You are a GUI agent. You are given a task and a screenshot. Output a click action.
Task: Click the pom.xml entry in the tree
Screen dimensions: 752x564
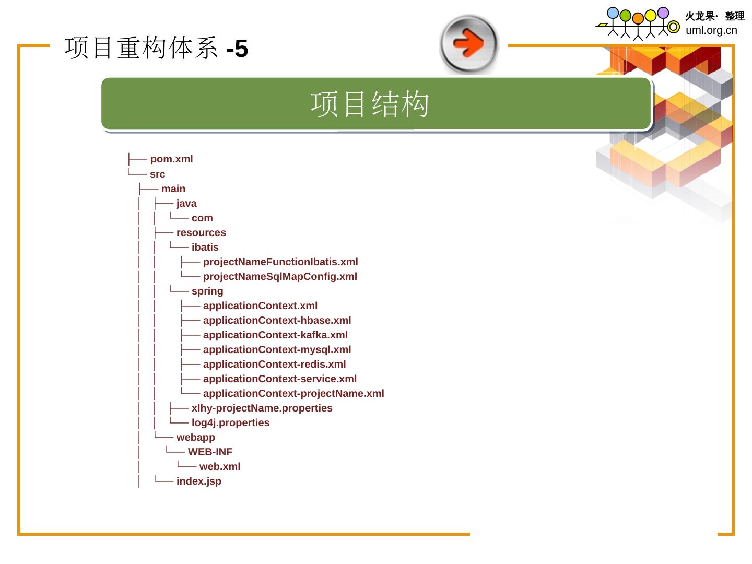tap(171, 159)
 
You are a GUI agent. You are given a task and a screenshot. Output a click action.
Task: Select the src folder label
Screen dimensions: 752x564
tap(157, 174)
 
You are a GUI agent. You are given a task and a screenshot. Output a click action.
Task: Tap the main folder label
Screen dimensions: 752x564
tap(173, 189)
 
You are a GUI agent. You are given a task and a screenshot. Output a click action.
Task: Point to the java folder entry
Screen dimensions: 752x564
tap(186, 204)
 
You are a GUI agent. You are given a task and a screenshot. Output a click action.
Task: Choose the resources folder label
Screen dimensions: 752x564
tap(201, 233)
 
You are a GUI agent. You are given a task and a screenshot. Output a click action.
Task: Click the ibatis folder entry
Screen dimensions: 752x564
tap(205, 248)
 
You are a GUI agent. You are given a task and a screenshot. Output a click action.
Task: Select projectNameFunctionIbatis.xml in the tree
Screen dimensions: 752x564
tap(280, 262)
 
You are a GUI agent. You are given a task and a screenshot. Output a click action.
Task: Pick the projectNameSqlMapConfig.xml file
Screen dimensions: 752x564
tap(280, 277)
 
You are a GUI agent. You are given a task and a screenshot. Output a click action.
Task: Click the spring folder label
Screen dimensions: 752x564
tap(207, 291)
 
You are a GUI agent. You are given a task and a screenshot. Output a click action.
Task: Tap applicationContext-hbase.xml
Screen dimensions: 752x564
tap(277, 321)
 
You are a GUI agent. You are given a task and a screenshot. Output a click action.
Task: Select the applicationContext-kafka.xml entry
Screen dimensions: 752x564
tap(275, 335)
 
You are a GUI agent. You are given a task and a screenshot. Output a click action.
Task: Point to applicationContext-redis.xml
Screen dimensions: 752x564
tap(274, 365)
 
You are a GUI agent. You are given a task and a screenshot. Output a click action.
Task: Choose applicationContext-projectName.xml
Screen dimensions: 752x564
tap(293, 394)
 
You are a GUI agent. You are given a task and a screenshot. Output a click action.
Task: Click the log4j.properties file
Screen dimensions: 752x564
tap(230, 423)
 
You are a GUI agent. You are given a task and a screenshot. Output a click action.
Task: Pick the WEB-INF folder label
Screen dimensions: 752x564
tap(210, 452)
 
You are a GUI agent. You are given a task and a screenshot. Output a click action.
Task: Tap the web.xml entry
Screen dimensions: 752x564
tap(220, 467)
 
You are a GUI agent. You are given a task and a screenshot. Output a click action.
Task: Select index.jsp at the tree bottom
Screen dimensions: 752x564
tap(198, 481)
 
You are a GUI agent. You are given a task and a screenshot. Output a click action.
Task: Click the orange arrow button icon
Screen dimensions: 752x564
tap(469, 44)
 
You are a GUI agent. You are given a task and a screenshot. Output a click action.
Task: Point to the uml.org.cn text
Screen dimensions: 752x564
tap(711, 30)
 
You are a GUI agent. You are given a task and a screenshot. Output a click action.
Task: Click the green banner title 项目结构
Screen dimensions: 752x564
tap(370, 103)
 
